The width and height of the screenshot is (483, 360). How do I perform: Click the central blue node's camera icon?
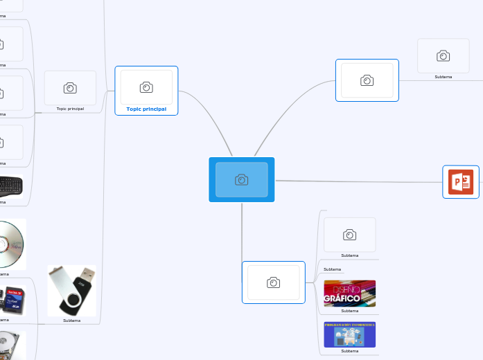[241, 180]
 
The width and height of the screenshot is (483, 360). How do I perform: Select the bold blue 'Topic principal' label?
[146, 109]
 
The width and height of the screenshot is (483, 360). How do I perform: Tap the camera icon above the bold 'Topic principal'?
[146, 87]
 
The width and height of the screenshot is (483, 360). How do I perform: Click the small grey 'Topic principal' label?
[70, 109]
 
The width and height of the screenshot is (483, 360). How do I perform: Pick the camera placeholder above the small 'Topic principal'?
[70, 88]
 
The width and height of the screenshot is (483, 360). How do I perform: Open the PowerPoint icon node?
[461, 181]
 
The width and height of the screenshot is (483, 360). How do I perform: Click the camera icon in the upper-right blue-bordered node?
[367, 80]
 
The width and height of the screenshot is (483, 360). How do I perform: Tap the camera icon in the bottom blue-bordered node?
[274, 282]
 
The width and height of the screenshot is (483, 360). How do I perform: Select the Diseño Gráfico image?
[349, 293]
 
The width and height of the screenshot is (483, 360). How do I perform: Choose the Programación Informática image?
[349, 334]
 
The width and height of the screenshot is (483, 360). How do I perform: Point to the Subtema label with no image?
[333, 269]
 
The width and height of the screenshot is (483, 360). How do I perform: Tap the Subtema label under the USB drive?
[71, 321]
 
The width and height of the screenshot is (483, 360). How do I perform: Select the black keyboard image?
[10, 186]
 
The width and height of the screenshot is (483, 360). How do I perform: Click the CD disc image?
[12, 244]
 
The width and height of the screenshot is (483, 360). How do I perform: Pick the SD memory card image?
[14, 298]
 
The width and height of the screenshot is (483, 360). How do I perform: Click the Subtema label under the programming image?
[349, 351]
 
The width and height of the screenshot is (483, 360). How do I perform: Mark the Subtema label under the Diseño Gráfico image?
[349, 311]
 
